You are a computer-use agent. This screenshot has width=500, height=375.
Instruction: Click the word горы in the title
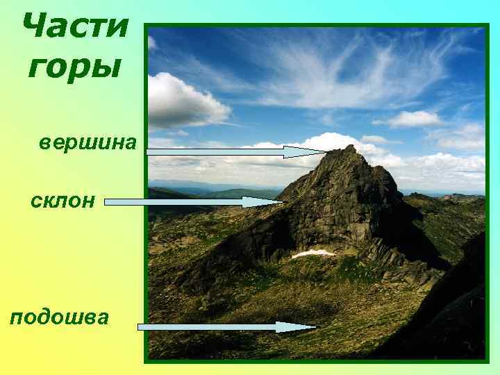point(75,67)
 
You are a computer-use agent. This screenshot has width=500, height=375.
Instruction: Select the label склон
point(62,201)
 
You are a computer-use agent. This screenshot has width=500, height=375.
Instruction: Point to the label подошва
point(60,317)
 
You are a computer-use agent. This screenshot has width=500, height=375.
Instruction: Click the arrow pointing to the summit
point(236,151)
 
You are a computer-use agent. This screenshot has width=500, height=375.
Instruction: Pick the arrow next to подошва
point(226,326)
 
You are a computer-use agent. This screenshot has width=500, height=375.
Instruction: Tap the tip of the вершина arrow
point(324,151)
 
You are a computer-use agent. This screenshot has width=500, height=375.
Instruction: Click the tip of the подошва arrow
point(315,326)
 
